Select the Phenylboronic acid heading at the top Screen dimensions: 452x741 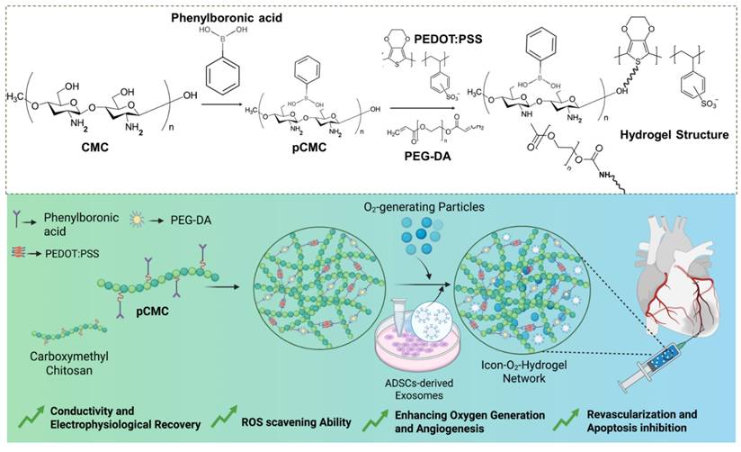202,15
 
